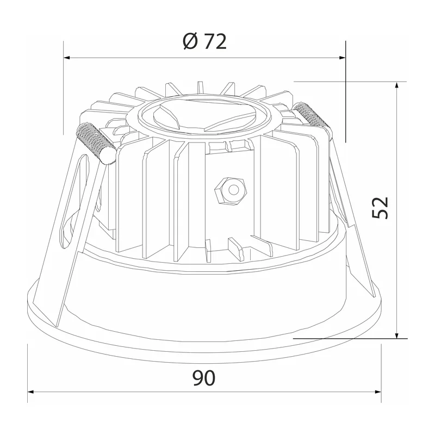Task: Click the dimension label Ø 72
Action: coord(205,42)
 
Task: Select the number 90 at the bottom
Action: coord(204,378)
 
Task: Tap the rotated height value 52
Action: coord(380,208)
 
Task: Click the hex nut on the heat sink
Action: coord(231,191)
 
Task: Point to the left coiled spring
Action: coord(96,143)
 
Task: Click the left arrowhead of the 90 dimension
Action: coord(30,392)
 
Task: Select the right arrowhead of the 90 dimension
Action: coord(378,392)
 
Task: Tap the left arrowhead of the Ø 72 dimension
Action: coord(67,58)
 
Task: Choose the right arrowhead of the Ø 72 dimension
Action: coord(343,58)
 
